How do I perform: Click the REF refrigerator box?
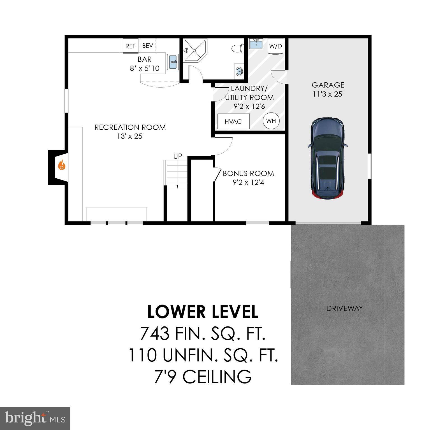(130, 46)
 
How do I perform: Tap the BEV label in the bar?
(147, 46)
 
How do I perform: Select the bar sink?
(173, 62)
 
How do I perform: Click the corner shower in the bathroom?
(194, 51)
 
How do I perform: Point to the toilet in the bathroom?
(237, 48)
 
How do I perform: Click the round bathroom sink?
(239, 71)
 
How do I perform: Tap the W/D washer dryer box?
(275, 46)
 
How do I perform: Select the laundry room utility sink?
(256, 44)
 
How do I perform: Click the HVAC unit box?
(233, 121)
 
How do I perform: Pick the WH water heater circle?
(271, 121)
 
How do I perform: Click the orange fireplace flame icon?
(62, 165)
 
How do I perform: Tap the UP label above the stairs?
(178, 156)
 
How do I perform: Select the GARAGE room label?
(328, 85)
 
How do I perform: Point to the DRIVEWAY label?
(344, 309)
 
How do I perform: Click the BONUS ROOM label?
(248, 173)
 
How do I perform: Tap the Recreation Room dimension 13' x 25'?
(130, 136)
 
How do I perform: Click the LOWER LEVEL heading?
(203, 312)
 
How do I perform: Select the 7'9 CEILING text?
(203, 377)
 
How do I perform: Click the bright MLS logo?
(35, 418)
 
